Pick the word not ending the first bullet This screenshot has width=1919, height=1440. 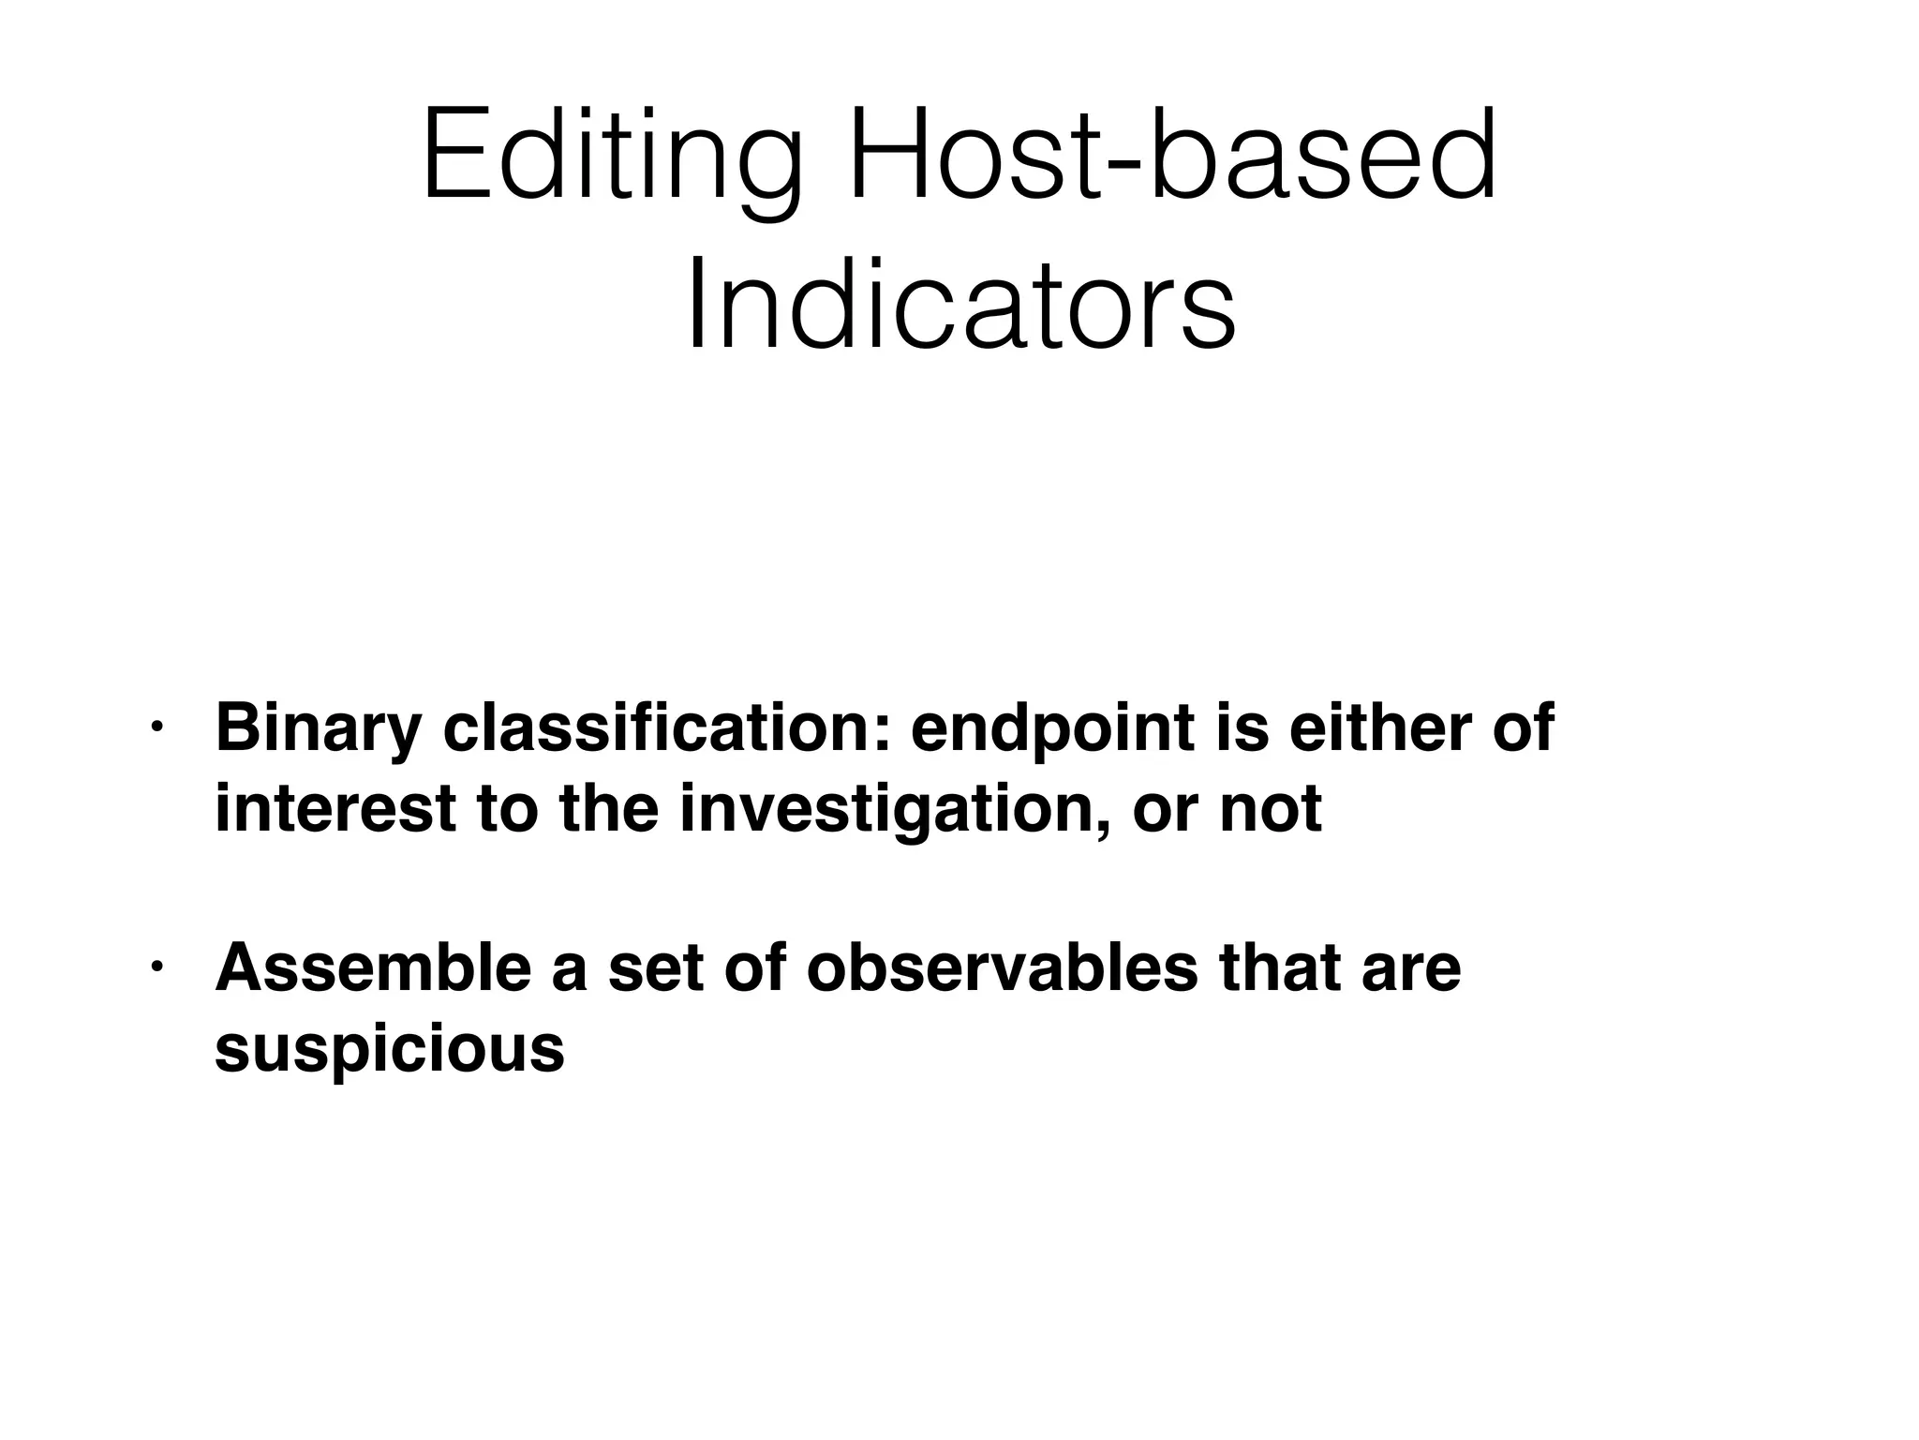pos(1270,810)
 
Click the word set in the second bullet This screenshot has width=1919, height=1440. pos(655,969)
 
